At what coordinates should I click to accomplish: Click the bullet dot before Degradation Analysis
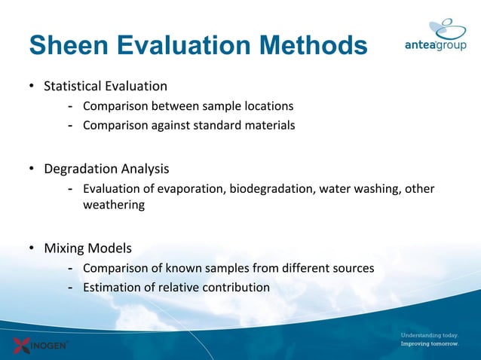point(32,169)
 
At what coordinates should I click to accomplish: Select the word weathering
point(113,204)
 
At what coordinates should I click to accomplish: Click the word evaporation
point(188,188)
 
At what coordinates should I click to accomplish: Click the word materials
point(268,125)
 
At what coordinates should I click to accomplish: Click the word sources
point(353,267)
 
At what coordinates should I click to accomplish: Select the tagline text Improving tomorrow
point(428,344)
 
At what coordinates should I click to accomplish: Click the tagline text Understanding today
point(428,334)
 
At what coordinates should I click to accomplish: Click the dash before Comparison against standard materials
point(70,125)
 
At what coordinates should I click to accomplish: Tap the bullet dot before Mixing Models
point(32,249)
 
